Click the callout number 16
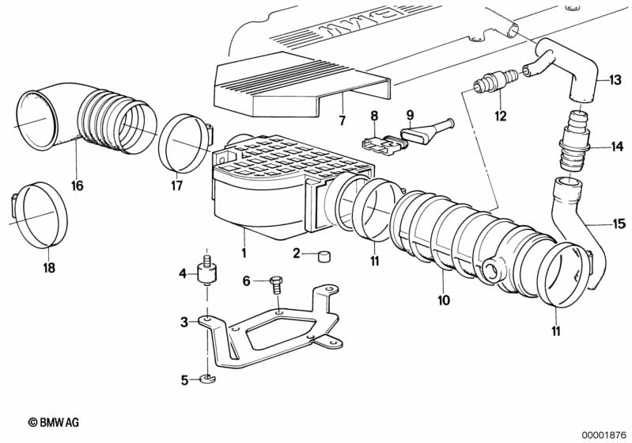[77, 185]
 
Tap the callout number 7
[342, 120]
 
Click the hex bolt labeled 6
[278, 286]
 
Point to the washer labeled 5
[207, 379]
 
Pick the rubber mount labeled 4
[208, 270]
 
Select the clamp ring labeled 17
[184, 143]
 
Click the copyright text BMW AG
[54, 422]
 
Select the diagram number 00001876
[604, 435]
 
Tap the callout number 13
[615, 80]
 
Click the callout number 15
[619, 223]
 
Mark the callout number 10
[444, 300]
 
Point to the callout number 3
[184, 322]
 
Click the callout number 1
[244, 254]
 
